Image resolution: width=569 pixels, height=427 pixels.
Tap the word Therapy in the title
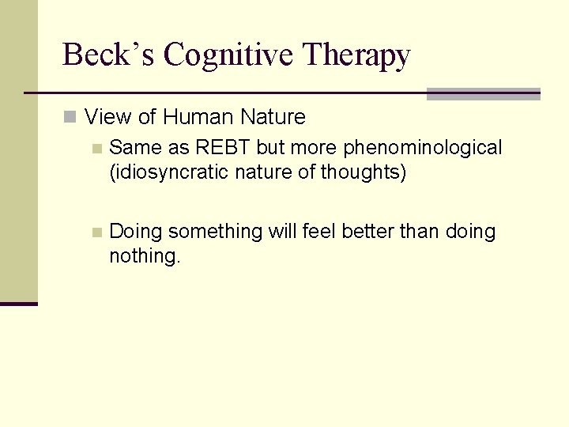click(356, 55)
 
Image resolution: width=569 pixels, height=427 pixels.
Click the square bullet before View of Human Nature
click(70, 118)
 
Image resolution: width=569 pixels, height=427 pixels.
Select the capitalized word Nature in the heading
click(273, 117)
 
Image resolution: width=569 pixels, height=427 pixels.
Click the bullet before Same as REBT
click(96, 149)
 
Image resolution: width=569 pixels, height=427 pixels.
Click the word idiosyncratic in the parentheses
click(164, 172)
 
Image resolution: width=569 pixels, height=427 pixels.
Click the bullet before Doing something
click(96, 232)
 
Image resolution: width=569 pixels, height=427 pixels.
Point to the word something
click(215, 232)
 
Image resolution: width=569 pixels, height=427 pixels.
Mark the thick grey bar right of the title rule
click(483, 94)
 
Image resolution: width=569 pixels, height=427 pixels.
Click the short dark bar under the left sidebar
click(19, 304)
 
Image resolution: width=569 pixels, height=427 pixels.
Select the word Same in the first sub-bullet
click(135, 148)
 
